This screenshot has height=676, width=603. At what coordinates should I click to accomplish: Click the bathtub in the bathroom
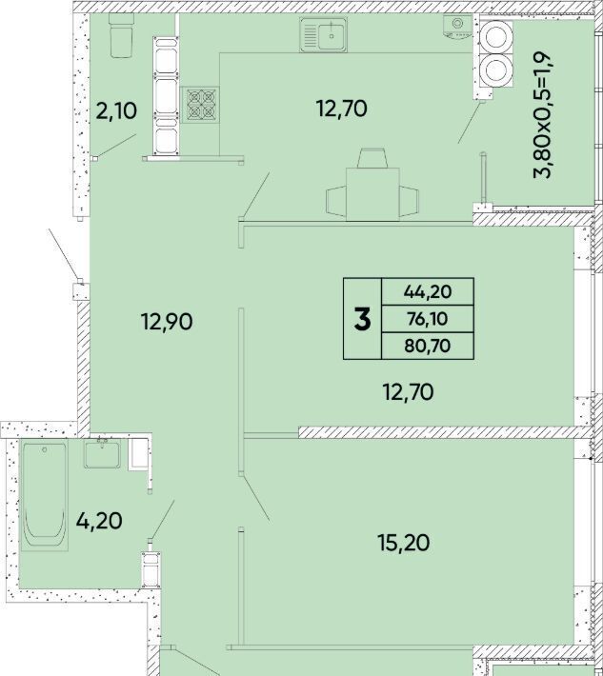(45, 495)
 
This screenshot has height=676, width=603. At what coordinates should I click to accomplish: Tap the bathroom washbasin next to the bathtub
(102, 453)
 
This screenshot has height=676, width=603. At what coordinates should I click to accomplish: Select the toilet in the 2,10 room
(122, 35)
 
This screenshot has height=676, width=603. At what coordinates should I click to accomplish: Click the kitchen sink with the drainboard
(324, 34)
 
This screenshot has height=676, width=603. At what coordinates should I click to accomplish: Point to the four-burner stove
(200, 105)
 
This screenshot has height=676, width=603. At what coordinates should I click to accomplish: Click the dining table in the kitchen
(372, 194)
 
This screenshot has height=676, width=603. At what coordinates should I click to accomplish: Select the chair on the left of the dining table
(336, 201)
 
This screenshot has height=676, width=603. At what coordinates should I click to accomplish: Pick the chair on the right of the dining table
(409, 201)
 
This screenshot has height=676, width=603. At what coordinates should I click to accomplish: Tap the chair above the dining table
(372, 158)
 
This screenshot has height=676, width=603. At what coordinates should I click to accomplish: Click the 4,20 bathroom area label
(99, 521)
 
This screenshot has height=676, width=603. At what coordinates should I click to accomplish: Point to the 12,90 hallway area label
(167, 322)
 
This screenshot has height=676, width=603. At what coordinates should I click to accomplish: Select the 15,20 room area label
(403, 543)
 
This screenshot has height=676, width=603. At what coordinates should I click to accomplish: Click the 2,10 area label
(116, 111)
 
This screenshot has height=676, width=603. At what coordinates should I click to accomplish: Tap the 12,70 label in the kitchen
(342, 109)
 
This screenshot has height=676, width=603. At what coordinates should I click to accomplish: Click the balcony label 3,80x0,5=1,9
(543, 115)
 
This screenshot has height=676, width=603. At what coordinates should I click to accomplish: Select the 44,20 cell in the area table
(428, 292)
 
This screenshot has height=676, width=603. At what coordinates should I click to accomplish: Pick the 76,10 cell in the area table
(428, 319)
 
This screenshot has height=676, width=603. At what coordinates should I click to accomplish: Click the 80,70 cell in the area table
(428, 346)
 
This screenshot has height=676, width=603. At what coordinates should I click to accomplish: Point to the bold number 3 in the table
(362, 320)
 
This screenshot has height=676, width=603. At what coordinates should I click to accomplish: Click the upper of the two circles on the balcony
(496, 37)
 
